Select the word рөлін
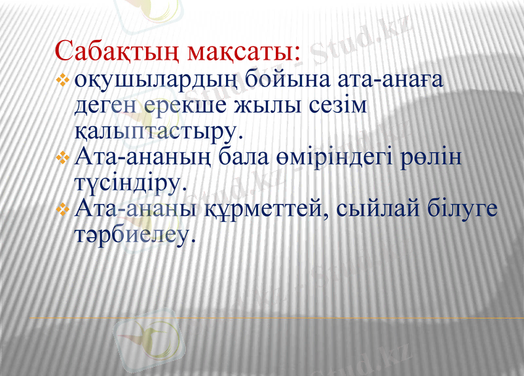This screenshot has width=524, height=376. tap(433, 157)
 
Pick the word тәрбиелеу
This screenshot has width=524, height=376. tap(134, 234)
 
